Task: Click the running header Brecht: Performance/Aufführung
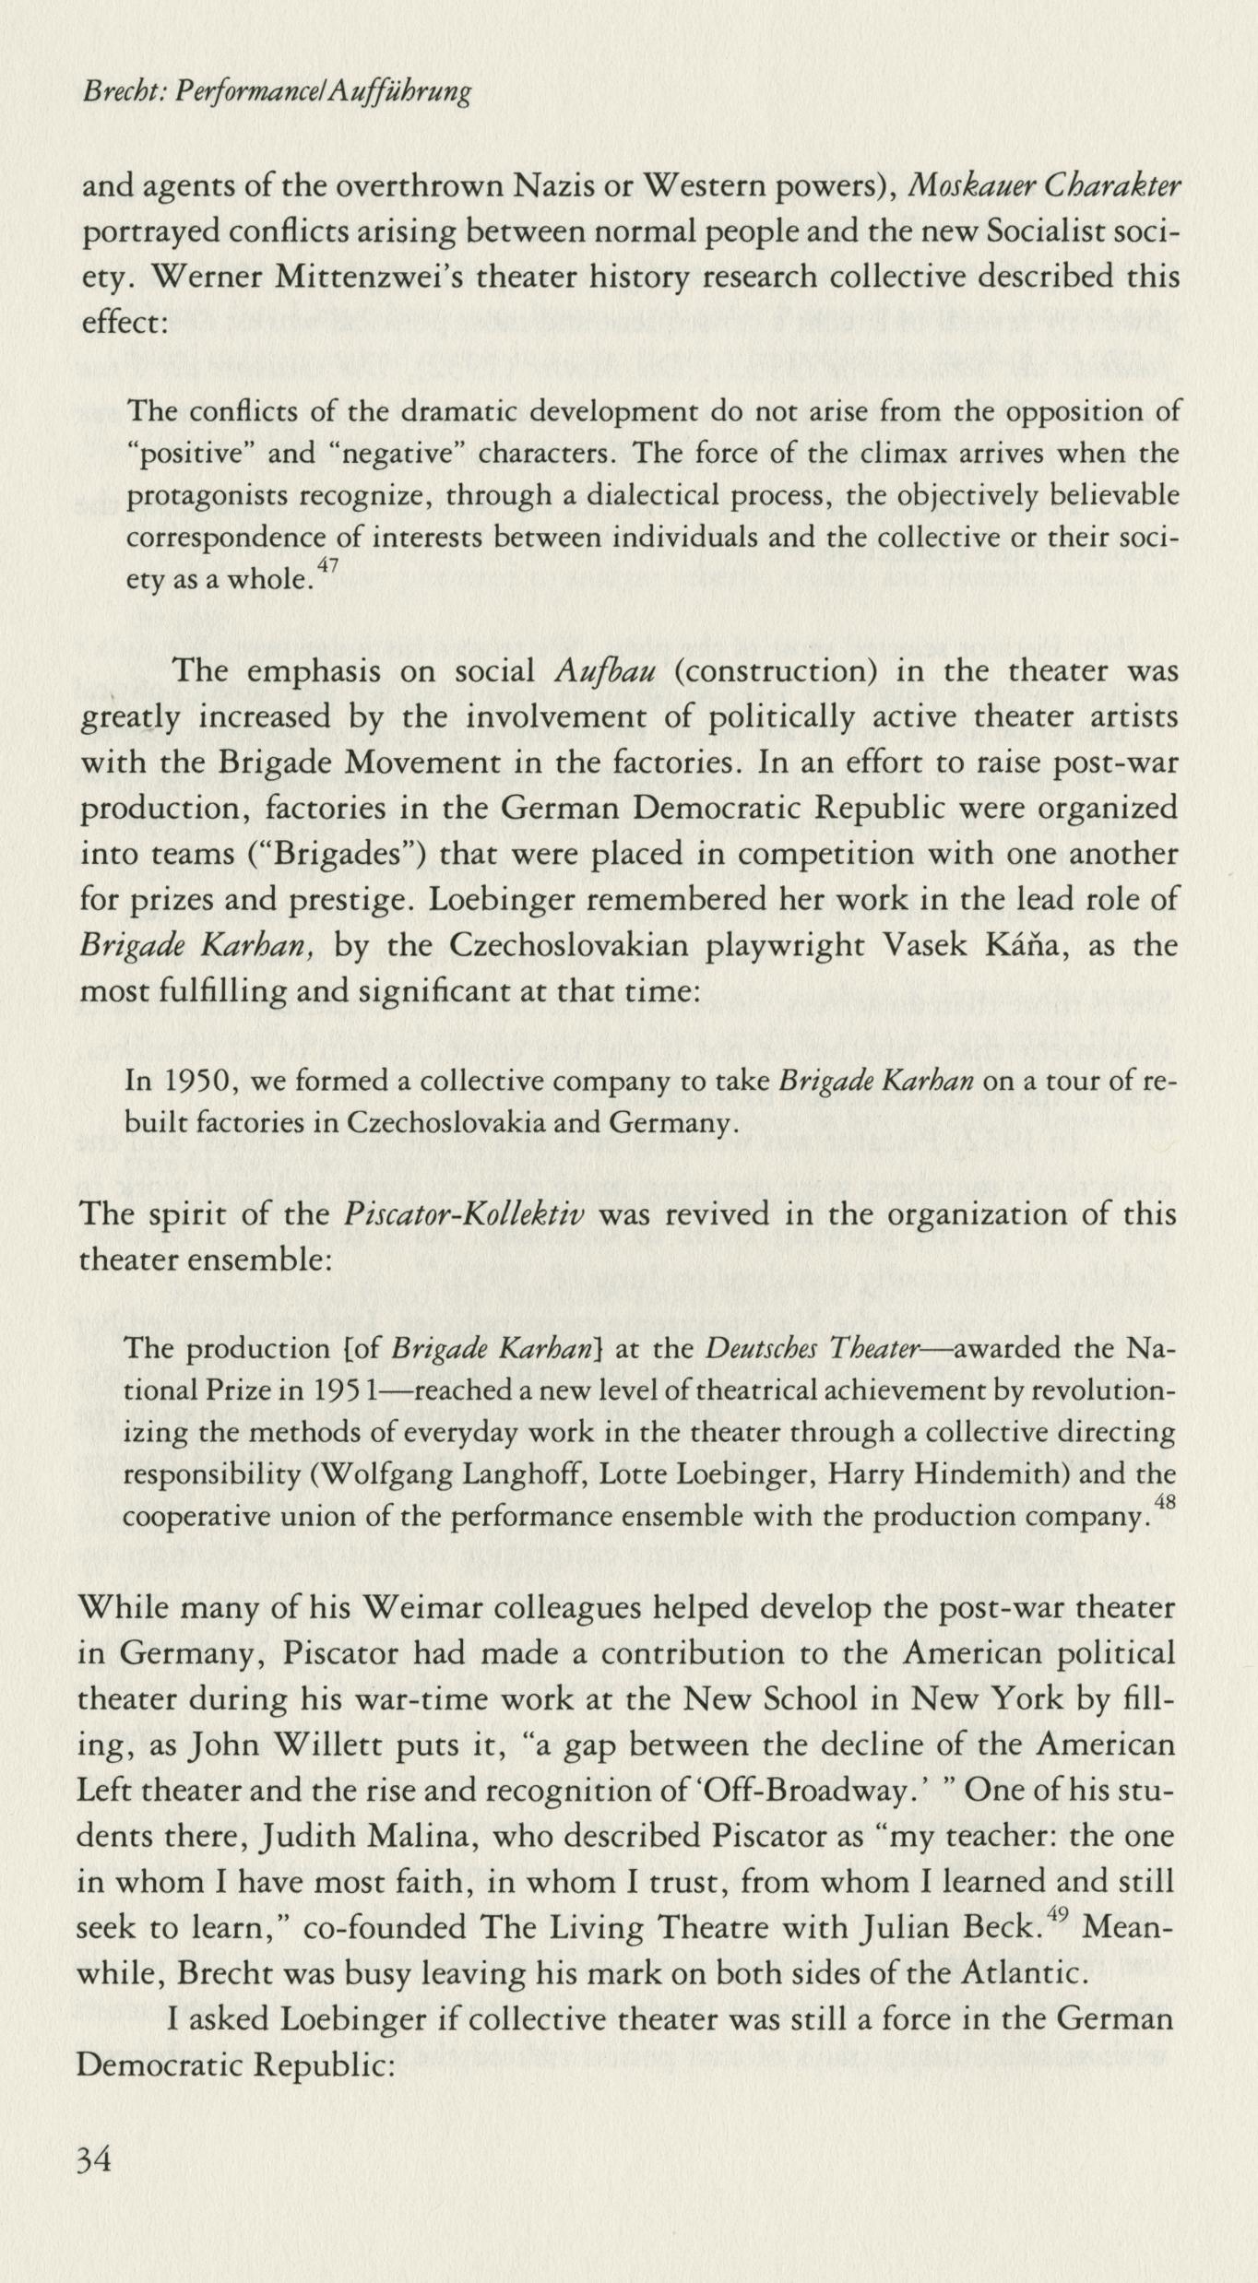(276, 92)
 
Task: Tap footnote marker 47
(327, 564)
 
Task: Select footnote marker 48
(1164, 1501)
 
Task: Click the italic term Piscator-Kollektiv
(464, 1214)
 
